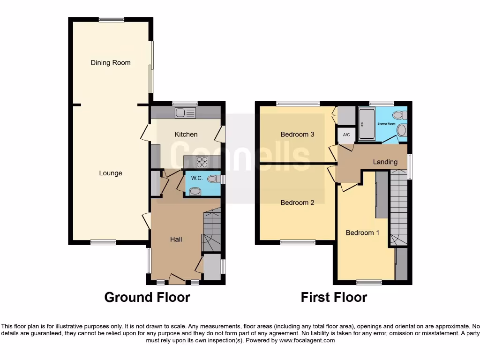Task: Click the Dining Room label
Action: (x=111, y=63)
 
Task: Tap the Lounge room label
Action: (x=111, y=173)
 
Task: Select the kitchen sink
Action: (x=186, y=112)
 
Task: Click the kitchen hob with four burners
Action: (x=202, y=162)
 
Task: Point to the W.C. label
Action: (x=196, y=178)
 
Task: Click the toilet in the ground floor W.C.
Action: (x=213, y=179)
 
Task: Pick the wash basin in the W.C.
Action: (x=195, y=190)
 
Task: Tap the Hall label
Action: (x=176, y=239)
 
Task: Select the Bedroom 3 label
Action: (x=297, y=135)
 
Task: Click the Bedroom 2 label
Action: (x=297, y=202)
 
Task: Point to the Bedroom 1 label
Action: (x=362, y=232)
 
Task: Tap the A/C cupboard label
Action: (x=346, y=135)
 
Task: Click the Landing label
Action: (x=385, y=162)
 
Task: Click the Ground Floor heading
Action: (x=147, y=297)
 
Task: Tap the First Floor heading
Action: (x=334, y=297)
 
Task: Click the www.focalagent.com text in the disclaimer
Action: (x=307, y=340)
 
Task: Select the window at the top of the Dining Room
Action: (x=112, y=19)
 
